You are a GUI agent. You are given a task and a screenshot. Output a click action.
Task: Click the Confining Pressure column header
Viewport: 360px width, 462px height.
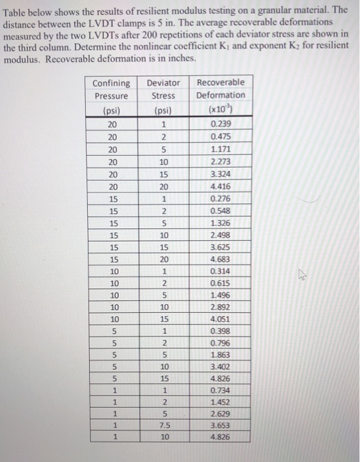[x=112, y=96]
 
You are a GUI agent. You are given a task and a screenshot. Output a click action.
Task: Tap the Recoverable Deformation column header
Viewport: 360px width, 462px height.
[x=221, y=95]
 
